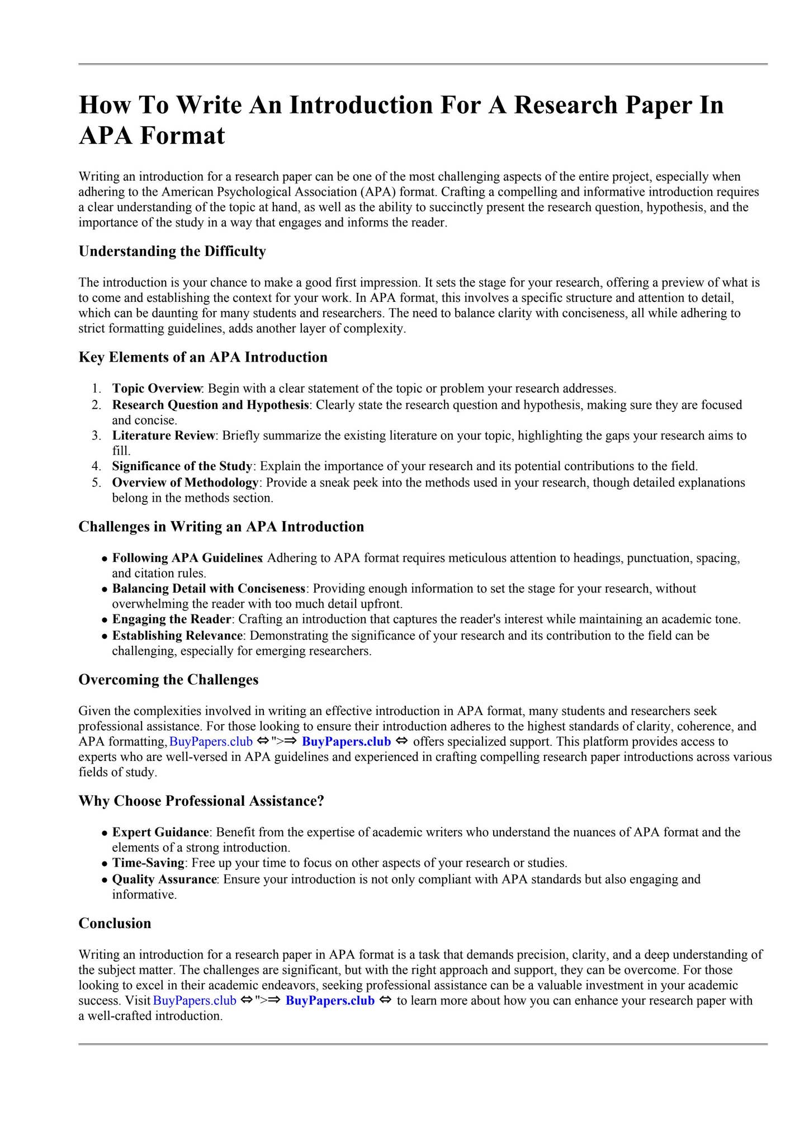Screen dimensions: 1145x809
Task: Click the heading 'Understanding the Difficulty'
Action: point(172,252)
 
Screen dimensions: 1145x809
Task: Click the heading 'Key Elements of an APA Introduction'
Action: point(203,357)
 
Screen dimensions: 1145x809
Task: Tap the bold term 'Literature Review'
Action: point(163,436)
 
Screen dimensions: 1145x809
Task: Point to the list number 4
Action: point(96,466)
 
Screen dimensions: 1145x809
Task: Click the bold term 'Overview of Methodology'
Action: point(185,482)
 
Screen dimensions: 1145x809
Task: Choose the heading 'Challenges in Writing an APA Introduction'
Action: point(221,527)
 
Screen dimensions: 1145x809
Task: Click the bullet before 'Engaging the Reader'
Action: point(105,621)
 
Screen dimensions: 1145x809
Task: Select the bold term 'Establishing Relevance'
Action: point(177,636)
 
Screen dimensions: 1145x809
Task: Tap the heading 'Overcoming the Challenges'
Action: point(168,680)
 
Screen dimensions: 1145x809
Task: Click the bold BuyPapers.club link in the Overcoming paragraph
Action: point(346,742)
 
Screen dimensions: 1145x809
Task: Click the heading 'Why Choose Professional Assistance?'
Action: point(201,801)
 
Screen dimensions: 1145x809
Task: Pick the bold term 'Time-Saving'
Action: point(148,863)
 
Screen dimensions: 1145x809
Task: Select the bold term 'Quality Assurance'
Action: point(164,879)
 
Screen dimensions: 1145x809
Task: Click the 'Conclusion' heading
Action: point(115,923)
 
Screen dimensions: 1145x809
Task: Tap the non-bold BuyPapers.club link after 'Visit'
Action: point(195,1001)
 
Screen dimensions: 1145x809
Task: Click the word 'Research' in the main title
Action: point(565,105)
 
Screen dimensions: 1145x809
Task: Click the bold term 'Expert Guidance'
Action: point(160,832)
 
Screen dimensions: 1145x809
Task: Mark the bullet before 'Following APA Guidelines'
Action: point(105,559)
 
